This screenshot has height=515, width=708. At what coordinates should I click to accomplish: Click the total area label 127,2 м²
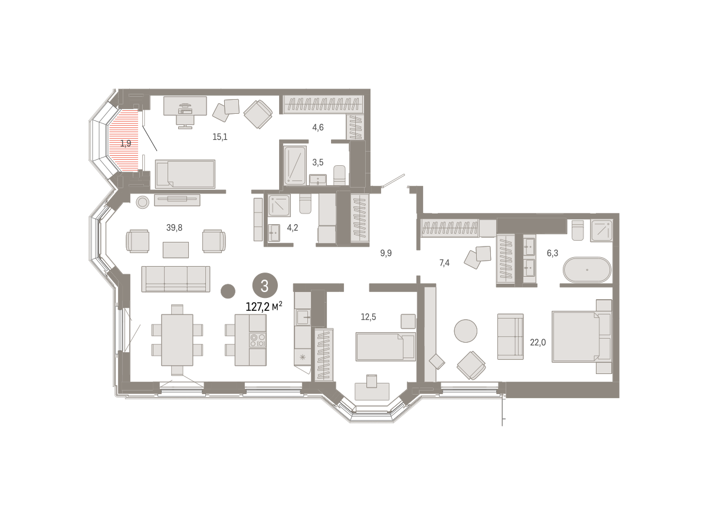tap(264, 307)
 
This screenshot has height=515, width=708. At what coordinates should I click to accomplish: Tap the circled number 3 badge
tap(265, 286)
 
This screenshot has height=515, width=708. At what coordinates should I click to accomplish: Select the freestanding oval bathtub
tap(587, 270)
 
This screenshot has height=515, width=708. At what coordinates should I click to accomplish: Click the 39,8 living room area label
tap(174, 228)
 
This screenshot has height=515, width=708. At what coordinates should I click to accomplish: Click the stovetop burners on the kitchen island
tap(258, 340)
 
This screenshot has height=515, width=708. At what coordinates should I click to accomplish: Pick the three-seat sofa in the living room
tap(176, 279)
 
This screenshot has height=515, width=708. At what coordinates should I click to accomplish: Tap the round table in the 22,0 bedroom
tap(466, 331)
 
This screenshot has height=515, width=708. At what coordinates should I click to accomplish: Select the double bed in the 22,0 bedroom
tap(582, 336)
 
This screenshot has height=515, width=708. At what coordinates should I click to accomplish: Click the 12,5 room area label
tap(369, 317)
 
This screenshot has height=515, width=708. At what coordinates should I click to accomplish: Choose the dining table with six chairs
tap(177, 340)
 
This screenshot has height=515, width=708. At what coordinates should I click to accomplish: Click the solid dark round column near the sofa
tap(228, 291)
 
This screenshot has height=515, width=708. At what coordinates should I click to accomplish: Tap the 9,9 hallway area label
tap(386, 253)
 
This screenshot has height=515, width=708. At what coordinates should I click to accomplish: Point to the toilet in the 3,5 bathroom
tap(339, 175)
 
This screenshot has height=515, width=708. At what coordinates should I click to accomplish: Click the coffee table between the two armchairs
tap(176, 250)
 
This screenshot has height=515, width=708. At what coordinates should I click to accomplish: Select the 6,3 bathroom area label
tap(552, 253)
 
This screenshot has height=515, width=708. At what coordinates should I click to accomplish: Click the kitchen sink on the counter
tap(303, 317)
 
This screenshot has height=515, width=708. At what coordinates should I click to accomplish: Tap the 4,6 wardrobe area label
tap(318, 127)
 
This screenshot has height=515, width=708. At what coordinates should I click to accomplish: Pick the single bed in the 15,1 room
tap(185, 174)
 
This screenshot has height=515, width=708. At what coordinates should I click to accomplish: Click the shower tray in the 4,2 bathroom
tap(279, 206)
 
